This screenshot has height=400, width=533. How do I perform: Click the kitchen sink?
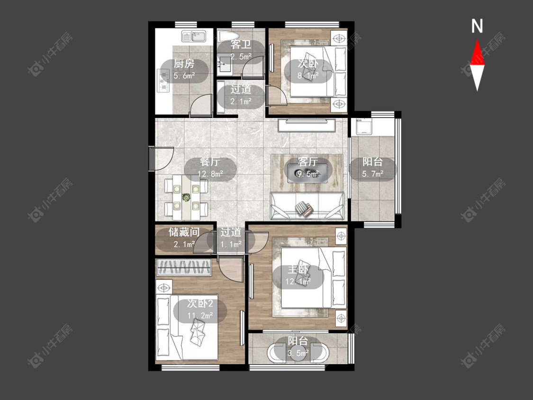194,36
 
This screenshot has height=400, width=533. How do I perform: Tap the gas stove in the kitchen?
163,81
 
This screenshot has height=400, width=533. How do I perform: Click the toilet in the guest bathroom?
227,36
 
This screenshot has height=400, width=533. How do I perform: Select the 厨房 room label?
184,64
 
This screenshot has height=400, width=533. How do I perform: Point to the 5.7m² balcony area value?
372,174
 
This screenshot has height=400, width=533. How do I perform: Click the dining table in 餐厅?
186,197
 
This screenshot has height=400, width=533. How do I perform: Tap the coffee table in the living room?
307,173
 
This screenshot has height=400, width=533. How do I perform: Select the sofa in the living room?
307,206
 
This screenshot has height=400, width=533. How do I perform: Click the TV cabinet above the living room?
307,125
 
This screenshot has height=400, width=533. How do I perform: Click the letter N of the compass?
477,26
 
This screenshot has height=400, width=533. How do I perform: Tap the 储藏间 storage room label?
184,232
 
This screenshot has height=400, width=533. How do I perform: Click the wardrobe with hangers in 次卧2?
184,267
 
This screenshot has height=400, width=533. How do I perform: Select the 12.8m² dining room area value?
210,174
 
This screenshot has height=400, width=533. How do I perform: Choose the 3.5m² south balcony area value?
298,353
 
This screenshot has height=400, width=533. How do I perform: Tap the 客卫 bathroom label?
241,45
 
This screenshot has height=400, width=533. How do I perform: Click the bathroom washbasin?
225,64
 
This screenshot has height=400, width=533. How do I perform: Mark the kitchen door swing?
200,105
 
